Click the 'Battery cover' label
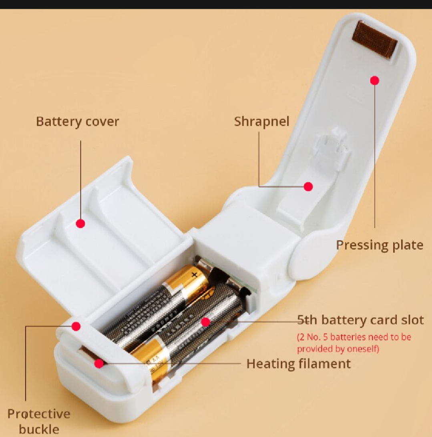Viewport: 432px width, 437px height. (x=78, y=122)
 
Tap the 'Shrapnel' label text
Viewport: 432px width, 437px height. (x=261, y=122)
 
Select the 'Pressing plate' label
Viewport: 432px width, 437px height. (x=380, y=245)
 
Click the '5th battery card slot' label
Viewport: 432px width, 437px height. (x=360, y=320)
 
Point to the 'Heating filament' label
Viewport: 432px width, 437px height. (x=298, y=364)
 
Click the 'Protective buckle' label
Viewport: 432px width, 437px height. (x=39, y=421)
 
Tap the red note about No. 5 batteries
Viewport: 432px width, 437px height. (x=354, y=343)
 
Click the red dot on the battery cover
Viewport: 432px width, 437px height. (x=80, y=224)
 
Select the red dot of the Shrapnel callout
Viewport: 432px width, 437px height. (x=308, y=186)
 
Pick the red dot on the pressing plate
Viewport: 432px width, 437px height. (x=375, y=80)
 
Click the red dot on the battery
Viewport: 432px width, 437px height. (x=205, y=322)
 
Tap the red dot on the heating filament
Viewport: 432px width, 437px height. (x=99, y=363)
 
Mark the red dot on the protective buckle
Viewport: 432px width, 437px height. (x=76, y=326)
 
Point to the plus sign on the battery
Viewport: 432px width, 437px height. (x=195, y=275)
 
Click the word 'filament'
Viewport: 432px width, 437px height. (x=325, y=364)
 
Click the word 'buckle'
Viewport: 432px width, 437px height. (x=39, y=429)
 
